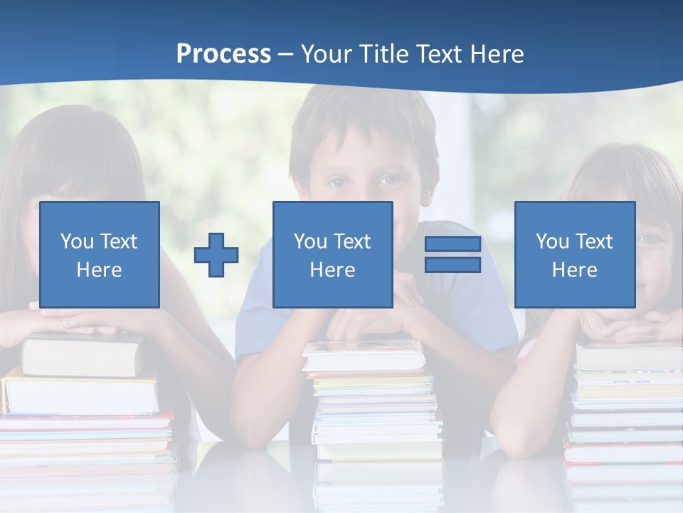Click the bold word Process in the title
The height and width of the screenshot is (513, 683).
223,54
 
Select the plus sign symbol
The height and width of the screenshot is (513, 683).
216,255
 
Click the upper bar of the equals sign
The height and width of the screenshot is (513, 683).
452,244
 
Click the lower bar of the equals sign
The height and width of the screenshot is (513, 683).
452,265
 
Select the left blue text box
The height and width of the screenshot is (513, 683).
99,254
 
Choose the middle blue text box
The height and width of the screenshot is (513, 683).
332,254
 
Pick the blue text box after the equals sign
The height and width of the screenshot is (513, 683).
574,254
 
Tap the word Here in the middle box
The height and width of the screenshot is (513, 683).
332,270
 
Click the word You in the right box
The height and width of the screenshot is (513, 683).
552,242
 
